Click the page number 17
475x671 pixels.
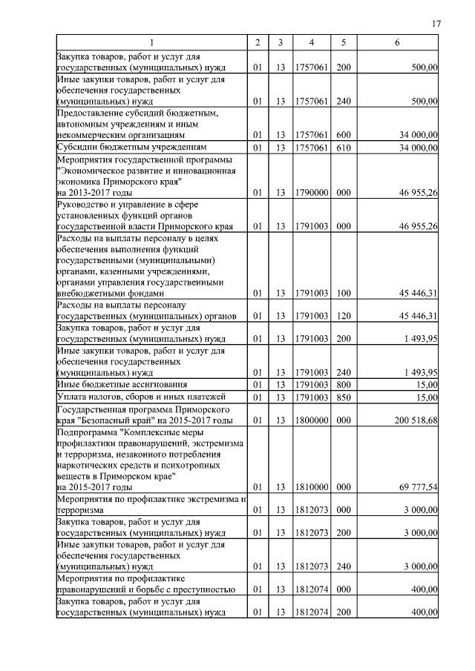[436, 24]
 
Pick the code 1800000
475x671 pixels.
[312, 420]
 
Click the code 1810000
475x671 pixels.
[312, 487]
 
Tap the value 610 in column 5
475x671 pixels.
[344, 148]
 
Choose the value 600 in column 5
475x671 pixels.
[344, 135]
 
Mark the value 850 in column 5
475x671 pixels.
[344, 397]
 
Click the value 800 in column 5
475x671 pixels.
[344, 385]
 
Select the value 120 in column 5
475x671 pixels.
[344, 316]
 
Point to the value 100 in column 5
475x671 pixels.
[344, 293]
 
